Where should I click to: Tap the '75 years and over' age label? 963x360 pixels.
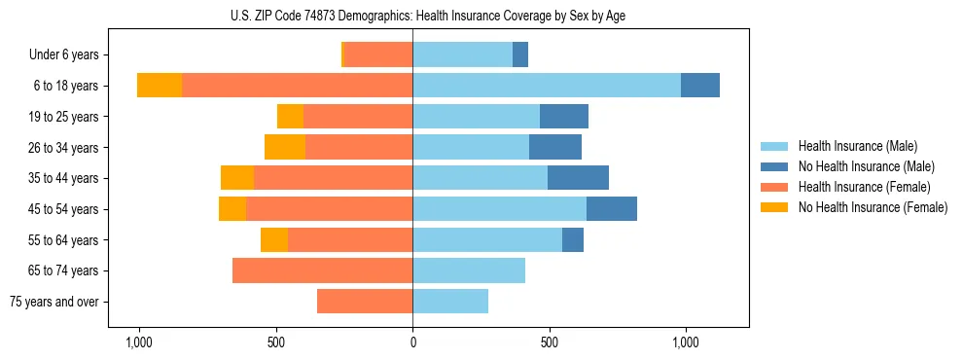pyautogui.click(x=53, y=302)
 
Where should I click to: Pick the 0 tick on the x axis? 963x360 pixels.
pyautogui.click(x=412, y=342)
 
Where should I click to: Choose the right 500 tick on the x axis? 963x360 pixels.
pyautogui.click(x=550, y=342)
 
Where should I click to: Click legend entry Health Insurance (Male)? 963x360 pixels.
pyautogui.click(x=857, y=146)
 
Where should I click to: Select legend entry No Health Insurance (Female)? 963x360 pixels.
pyautogui.click(x=873, y=207)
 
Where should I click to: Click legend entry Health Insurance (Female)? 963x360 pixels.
pyautogui.click(x=864, y=187)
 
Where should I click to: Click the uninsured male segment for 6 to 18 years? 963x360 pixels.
pyautogui.click(x=700, y=86)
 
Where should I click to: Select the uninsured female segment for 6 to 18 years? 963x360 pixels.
pyautogui.click(x=160, y=86)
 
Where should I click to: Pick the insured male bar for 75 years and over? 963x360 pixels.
pyautogui.click(x=450, y=302)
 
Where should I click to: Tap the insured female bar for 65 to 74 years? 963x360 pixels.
pyautogui.click(x=323, y=270)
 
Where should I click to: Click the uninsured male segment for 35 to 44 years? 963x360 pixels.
pyautogui.click(x=578, y=178)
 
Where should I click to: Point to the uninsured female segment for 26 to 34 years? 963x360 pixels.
pyautogui.click(x=285, y=147)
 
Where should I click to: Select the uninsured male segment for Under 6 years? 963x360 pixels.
pyautogui.click(x=520, y=54)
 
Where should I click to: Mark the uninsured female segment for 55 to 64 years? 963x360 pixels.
pyautogui.click(x=274, y=239)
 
